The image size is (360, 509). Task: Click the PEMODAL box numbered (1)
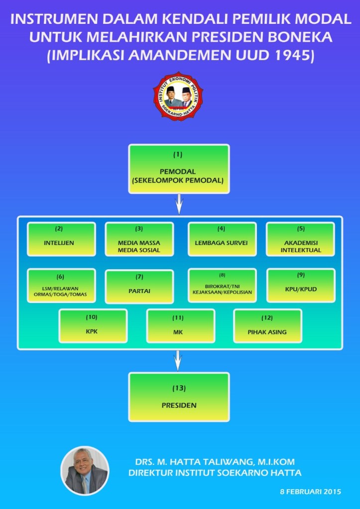point(179,170)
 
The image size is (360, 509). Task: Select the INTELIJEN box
point(61,239)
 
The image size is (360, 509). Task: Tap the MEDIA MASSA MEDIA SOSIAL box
point(139,239)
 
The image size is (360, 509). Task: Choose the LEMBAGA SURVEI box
point(222,239)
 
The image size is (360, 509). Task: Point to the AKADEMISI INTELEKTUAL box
point(300,239)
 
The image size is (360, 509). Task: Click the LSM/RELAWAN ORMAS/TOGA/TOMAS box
point(61,286)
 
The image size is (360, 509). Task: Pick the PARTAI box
point(139,286)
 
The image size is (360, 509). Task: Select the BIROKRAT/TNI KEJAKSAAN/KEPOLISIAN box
point(222,286)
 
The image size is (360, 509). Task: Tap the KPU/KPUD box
point(300,286)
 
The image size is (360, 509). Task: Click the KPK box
point(93,326)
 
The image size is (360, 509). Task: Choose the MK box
point(180,326)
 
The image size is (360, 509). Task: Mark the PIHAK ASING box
point(267,326)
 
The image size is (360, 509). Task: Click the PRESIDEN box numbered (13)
point(179,397)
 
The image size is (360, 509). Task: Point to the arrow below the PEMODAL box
point(178,204)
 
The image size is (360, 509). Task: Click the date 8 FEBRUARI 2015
point(310,492)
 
